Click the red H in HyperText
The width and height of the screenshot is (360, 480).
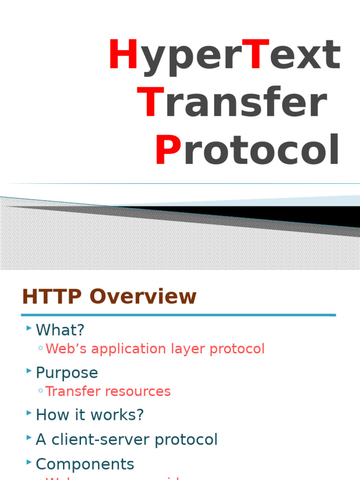pos(122,55)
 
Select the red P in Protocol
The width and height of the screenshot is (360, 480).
pos(168,150)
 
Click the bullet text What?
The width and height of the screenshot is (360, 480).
pos(60,330)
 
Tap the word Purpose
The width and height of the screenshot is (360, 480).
pos(67,373)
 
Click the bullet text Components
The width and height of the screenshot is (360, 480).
pos(85,464)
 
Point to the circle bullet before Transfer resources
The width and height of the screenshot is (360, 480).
pos(41,390)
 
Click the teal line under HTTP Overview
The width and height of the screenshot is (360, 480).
pos(178,315)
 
